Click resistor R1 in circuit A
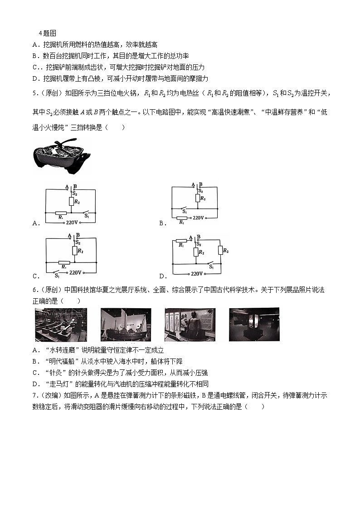(x=61, y=212)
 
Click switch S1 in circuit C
(x=57, y=272)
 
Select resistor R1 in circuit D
(x=181, y=241)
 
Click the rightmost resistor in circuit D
(x=220, y=251)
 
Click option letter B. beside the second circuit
(x=161, y=223)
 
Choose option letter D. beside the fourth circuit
(x=161, y=276)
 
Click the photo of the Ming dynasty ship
(x=126, y=325)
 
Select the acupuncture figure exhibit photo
(x=190, y=325)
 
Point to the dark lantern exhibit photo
(x=254, y=325)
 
